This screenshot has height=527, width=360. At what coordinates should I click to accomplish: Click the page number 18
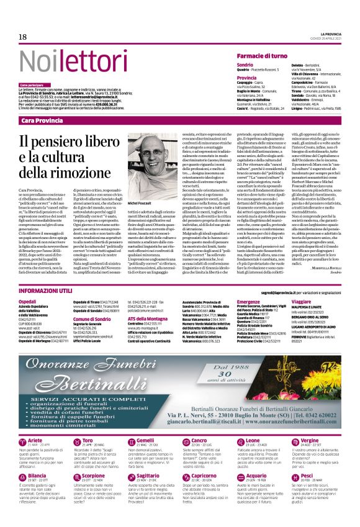coord(22,37)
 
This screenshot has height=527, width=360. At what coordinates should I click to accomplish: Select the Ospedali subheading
coord(27,300)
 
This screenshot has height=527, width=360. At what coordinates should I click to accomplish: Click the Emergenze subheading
coord(249,300)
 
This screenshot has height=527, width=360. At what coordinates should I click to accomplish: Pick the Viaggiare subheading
coord(302,300)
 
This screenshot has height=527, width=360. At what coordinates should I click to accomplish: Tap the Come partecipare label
coord(32,84)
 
